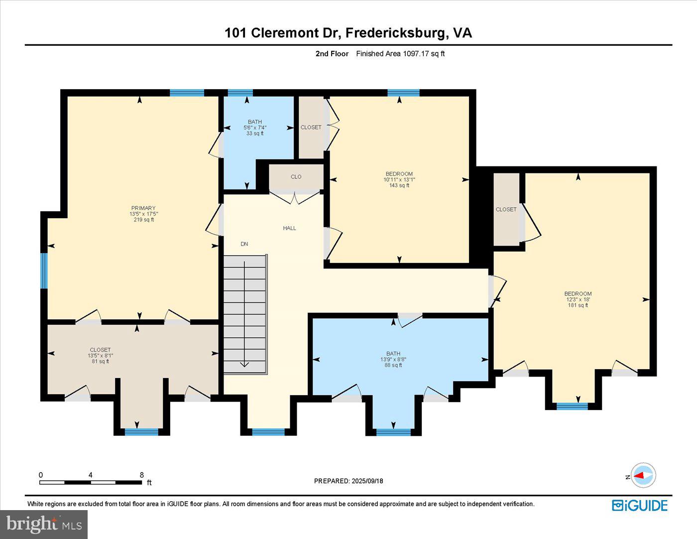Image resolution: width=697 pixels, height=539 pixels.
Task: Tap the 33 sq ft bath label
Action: pos(254,128)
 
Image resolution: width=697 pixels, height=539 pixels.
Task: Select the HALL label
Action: pos(289,228)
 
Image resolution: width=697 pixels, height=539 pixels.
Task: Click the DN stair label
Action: pos(244,244)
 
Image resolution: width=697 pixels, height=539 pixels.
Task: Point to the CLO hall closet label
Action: pos(296,177)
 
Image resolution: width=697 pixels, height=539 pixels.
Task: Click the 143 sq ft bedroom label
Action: pos(399,180)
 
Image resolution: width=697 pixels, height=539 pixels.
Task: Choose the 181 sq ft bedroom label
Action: pos(578,299)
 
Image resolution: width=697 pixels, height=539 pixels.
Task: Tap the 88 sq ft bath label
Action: pos(393,359)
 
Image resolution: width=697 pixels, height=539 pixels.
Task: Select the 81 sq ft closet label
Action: pos(100,355)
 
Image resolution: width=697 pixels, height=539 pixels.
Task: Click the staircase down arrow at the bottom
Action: pos(244,364)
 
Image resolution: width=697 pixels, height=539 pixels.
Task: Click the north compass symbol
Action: pos(643,476)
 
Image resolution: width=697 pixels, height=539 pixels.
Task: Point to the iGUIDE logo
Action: pos(639,505)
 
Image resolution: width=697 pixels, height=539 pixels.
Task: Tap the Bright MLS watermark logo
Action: pos(44,524)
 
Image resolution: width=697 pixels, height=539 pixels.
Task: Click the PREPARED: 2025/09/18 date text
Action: pos(348,481)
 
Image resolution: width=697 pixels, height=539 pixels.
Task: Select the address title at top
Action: pos(348,33)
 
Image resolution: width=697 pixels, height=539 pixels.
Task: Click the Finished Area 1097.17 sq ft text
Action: pos(400,54)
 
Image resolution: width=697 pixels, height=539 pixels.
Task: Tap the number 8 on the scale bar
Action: pos(142,475)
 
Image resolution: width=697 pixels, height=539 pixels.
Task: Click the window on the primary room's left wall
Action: pos(44,271)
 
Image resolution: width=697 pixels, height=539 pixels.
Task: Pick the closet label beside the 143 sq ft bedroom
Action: pos(311,128)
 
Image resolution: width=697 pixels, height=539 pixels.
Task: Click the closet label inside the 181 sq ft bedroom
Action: pos(506,210)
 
